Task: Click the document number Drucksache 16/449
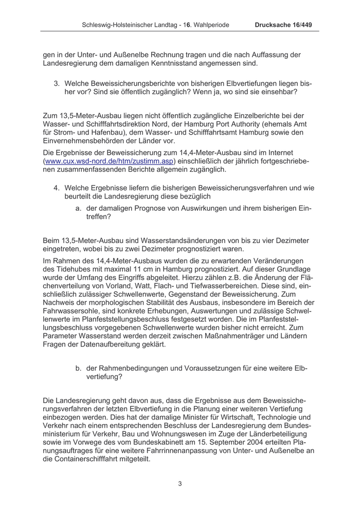coord(283,25)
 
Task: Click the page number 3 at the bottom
coord(180,483)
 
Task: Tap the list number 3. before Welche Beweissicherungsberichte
coord(57,83)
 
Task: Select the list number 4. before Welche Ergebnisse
coord(57,188)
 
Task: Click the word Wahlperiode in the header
coord(208,25)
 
